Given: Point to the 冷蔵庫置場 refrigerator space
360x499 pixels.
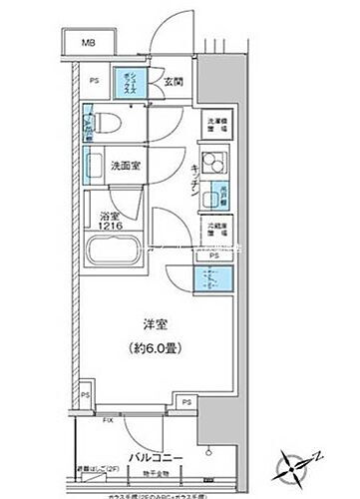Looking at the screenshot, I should coord(214,231).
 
